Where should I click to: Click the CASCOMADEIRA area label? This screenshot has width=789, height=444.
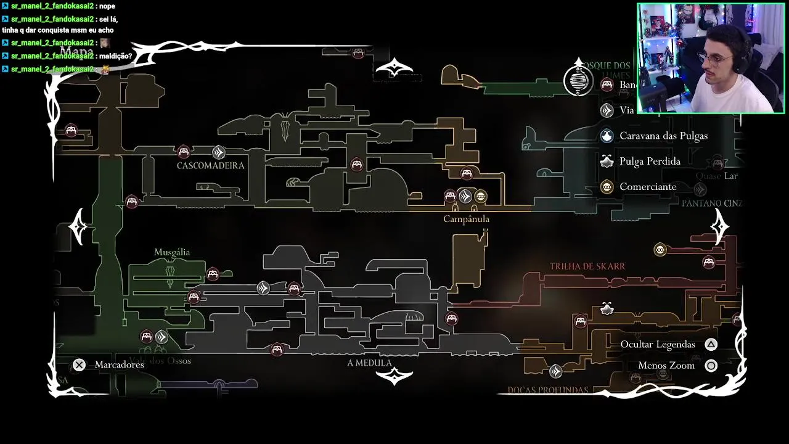(210, 166)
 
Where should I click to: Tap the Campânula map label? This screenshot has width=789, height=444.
(466, 219)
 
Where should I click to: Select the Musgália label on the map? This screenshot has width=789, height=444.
(172, 252)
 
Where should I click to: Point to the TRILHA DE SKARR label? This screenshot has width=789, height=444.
(587, 266)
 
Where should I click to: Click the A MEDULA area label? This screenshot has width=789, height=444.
(369, 363)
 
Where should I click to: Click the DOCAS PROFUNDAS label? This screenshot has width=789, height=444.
(547, 390)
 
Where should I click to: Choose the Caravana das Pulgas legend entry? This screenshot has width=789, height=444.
(663, 136)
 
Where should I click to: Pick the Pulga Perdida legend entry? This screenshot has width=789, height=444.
(650, 162)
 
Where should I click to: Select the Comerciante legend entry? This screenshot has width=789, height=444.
(648, 187)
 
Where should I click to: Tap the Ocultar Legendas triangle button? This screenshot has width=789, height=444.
(711, 345)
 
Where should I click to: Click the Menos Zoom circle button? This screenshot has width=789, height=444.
(711, 366)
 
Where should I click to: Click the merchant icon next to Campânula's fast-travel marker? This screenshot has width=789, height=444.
(481, 197)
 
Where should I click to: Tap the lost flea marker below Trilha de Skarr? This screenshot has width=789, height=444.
(607, 308)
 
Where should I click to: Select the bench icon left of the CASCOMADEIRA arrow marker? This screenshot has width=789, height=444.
(183, 152)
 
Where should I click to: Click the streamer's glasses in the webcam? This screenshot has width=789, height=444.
(715, 59)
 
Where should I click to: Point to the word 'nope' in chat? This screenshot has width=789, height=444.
(105, 6)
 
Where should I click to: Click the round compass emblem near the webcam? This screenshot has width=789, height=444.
(578, 80)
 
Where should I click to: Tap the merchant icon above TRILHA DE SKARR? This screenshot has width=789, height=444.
(660, 250)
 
